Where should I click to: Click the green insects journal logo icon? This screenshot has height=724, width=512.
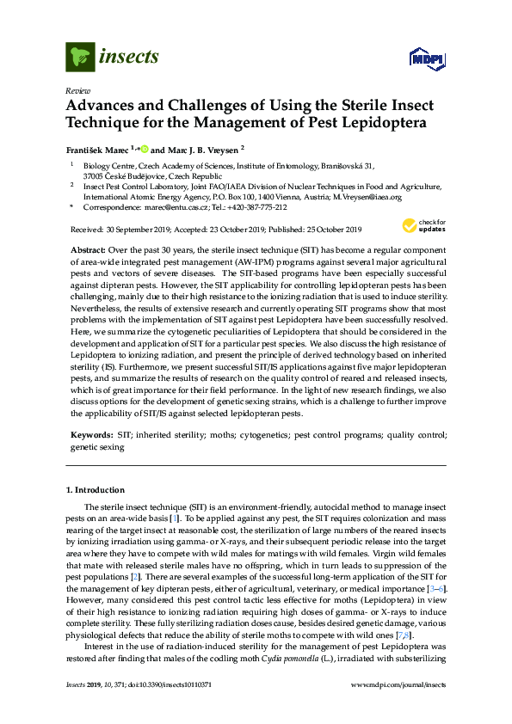click(x=80, y=58)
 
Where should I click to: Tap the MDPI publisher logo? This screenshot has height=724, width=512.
click(x=424, y=58)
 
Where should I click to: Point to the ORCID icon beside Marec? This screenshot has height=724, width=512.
click(x=145, y=148)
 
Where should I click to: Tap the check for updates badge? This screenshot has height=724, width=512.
click(x=421, y=227)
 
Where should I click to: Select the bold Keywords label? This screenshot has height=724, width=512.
click(x=90, y=437)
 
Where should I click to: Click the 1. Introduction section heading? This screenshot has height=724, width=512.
click(x=96, y=489)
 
